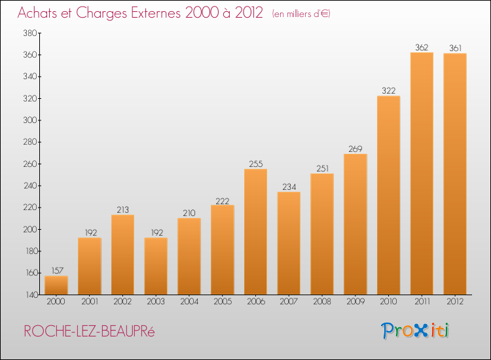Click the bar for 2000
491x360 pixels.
click(56, 285)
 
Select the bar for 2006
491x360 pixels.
click(255, 232)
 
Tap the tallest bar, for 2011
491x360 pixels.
click(422, 173)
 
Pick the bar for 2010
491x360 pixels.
click(389, 195)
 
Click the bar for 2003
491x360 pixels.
click(156, 266)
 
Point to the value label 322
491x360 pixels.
click(389, 91)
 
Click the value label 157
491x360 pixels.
click(58, 270)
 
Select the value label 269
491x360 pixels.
click(355, 149)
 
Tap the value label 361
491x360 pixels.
click(455, 48)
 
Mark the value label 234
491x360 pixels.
click(289, 187)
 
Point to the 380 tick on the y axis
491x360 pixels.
click(30, 33)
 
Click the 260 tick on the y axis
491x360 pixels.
click(30, 164)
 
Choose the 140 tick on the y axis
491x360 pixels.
click(31, 295)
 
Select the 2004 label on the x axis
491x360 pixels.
click(189, 302)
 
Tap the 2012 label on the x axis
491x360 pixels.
click(455, 302)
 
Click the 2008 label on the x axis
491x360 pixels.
click(322, 302)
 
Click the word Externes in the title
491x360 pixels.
click(156, 13)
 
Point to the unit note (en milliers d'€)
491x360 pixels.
click(301, 14)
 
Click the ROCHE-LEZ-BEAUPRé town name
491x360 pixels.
click(89, 331)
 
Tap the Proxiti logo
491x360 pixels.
click(415, 331)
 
